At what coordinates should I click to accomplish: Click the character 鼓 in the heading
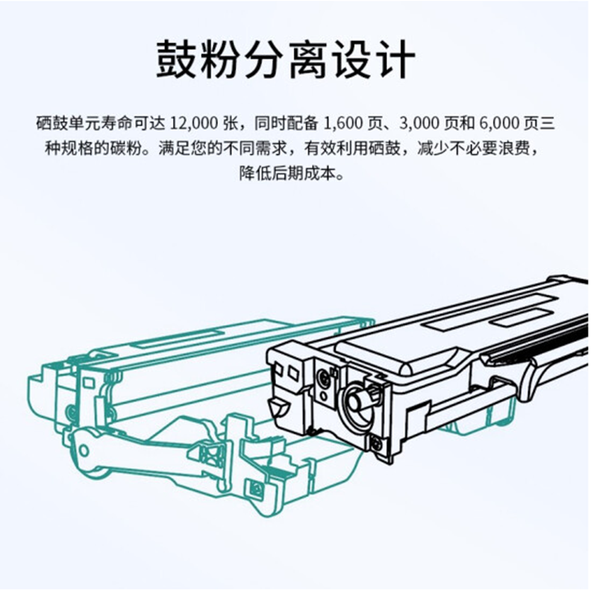coord(178,60)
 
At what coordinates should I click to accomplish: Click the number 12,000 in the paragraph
coord(194,122)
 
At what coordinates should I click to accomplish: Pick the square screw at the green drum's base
coord(257,489)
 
